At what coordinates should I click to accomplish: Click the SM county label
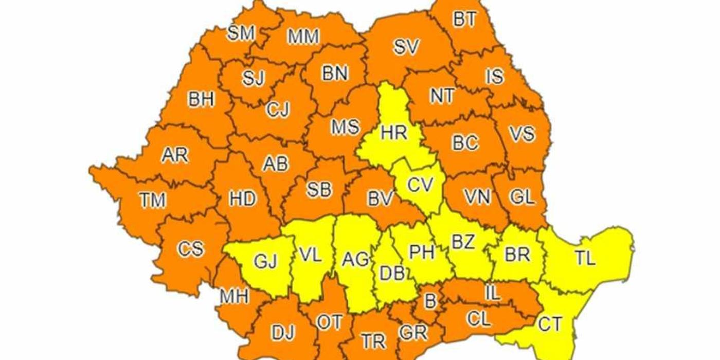[241, 33]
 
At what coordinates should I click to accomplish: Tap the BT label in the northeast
[465, 20]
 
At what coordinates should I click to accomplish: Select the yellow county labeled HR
[394, 133]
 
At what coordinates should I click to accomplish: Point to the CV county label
[420, 184]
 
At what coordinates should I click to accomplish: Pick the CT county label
[550, 324]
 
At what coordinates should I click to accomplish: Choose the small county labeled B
[430, 301]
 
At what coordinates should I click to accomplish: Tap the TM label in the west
[152, 200]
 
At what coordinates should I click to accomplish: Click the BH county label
[201, 99]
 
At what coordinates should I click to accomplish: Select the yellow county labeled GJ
[265, 262]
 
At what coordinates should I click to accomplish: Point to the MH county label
[234, 296]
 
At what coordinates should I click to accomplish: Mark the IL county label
[492, 293]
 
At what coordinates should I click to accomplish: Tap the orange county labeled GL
[522, 197]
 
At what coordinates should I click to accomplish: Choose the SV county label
[407, 47]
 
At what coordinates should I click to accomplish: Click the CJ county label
[278, 110]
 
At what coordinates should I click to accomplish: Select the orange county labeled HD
[242, 198]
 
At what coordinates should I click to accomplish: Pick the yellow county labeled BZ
[463, 242]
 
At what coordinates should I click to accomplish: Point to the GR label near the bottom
[413, 333]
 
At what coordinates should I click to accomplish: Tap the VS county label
[522, 134]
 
